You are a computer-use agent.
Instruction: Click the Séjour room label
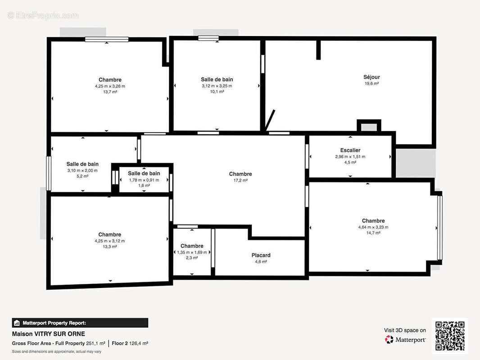(x=371, y=77)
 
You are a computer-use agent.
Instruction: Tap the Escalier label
(x=350, y=150)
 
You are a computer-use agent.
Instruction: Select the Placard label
(x=261, y=255)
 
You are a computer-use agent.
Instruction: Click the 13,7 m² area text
(x=110, y=92)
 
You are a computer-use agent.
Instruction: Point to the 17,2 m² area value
(x=240, y=180)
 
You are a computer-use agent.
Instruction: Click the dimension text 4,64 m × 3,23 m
(x=373, y=227)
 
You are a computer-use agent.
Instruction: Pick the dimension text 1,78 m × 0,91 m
(x=144, y=180)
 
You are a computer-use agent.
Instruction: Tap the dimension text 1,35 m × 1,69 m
(x=192, y=252)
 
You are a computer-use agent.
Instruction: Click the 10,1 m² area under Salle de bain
(x=217, y=91)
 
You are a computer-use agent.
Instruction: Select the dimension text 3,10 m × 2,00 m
(x=82, y=171)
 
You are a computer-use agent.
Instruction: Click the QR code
(x=450, y=336)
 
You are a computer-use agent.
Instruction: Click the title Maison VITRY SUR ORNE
(x=48, y=334)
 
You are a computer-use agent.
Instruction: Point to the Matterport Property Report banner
(x=80, y=323)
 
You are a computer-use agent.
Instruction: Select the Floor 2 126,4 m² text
(x=130, y=343)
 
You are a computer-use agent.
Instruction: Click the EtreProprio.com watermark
(x=43, y=15)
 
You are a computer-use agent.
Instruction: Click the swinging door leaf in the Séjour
(x=270, y=120)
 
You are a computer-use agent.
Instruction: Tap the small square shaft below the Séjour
(x=369, y=126)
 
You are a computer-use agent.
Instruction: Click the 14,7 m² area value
(x=373, y=233)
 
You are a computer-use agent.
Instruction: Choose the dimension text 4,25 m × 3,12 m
(x=109, y=241)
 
